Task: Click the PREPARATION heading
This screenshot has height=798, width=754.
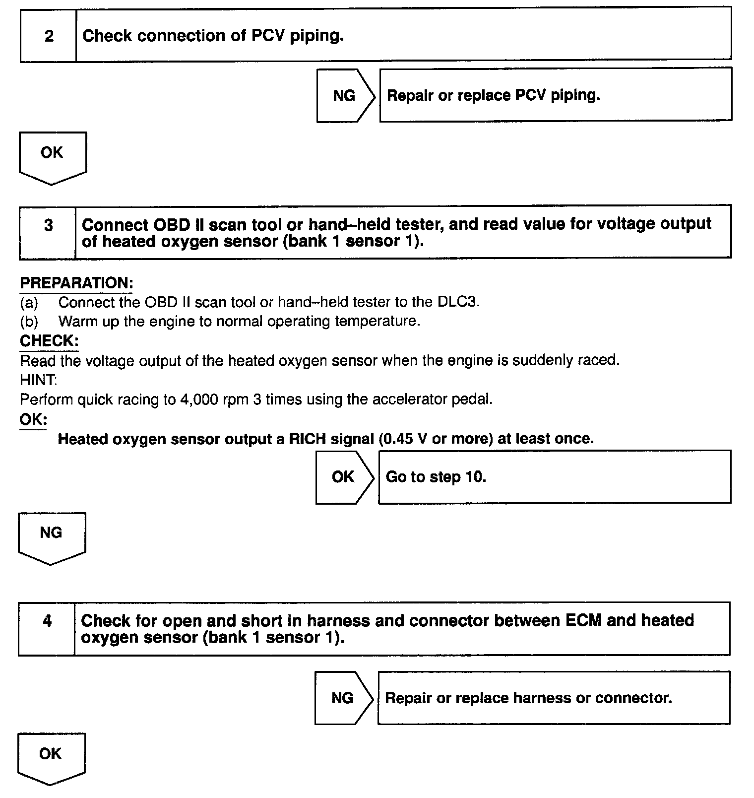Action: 76,283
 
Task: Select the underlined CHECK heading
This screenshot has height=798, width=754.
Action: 49,341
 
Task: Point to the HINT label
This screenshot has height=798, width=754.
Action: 38,380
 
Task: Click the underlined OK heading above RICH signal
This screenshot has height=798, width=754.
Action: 33,420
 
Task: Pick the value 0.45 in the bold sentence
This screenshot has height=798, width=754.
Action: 398,439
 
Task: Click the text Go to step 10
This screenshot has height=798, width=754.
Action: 436,477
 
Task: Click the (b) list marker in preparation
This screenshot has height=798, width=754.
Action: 29,322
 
